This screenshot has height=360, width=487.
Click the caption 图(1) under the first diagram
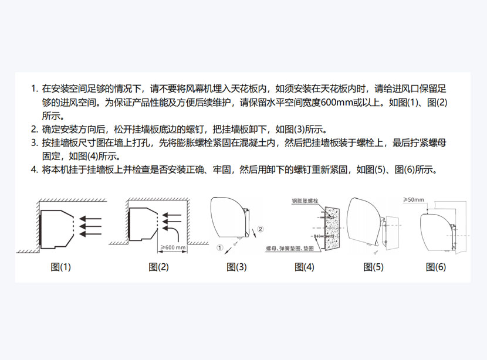(x=61, y=267)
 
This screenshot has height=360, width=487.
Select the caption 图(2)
(x=158, y=267)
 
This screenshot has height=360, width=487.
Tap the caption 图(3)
(x=236, y=267)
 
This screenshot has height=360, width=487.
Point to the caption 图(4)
(x=305, y=267)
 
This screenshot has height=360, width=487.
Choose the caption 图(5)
(x=373, y=267)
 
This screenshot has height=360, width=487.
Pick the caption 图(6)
(x=436, y=267)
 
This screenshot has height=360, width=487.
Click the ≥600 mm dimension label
(x=173, y=247)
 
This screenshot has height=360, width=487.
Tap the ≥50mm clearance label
(x=414, y=199)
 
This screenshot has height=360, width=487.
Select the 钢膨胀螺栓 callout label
(x=305, y=201)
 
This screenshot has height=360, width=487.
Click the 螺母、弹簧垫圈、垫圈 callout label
(x=290, y=248)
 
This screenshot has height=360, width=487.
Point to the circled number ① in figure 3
(x=220, y=247)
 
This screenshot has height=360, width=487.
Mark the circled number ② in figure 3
(x=261, y=229)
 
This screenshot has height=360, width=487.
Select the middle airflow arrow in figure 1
(x=90, y=226)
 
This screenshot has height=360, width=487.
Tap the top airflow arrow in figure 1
(x=90, y=219)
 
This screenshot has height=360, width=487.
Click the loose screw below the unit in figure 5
(x=376, y=252)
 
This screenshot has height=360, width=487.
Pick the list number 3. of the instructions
(x=35, y=142)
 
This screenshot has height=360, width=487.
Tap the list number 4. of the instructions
(x=35, y=170)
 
